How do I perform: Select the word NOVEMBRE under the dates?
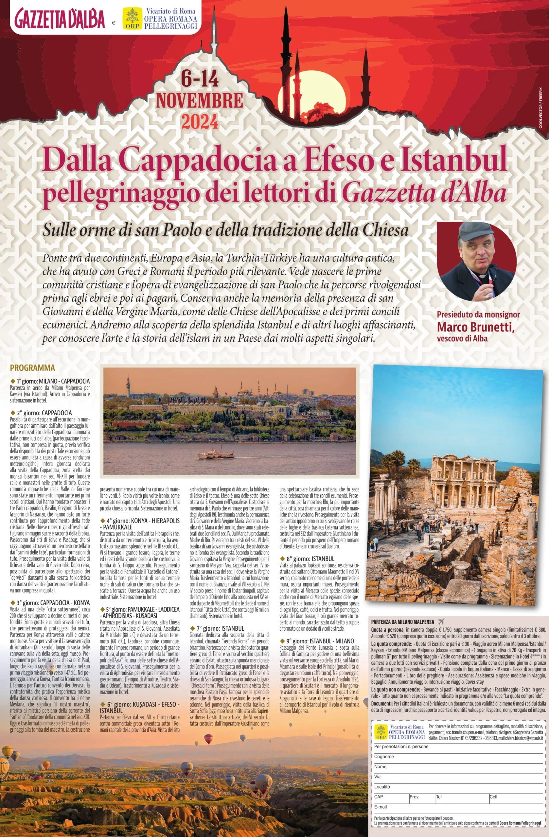(x=200, y=101)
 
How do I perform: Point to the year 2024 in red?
(x=200, y=122)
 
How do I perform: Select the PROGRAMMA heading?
(x=32, y=368)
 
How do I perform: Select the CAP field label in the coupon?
(x=379, y=796)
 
